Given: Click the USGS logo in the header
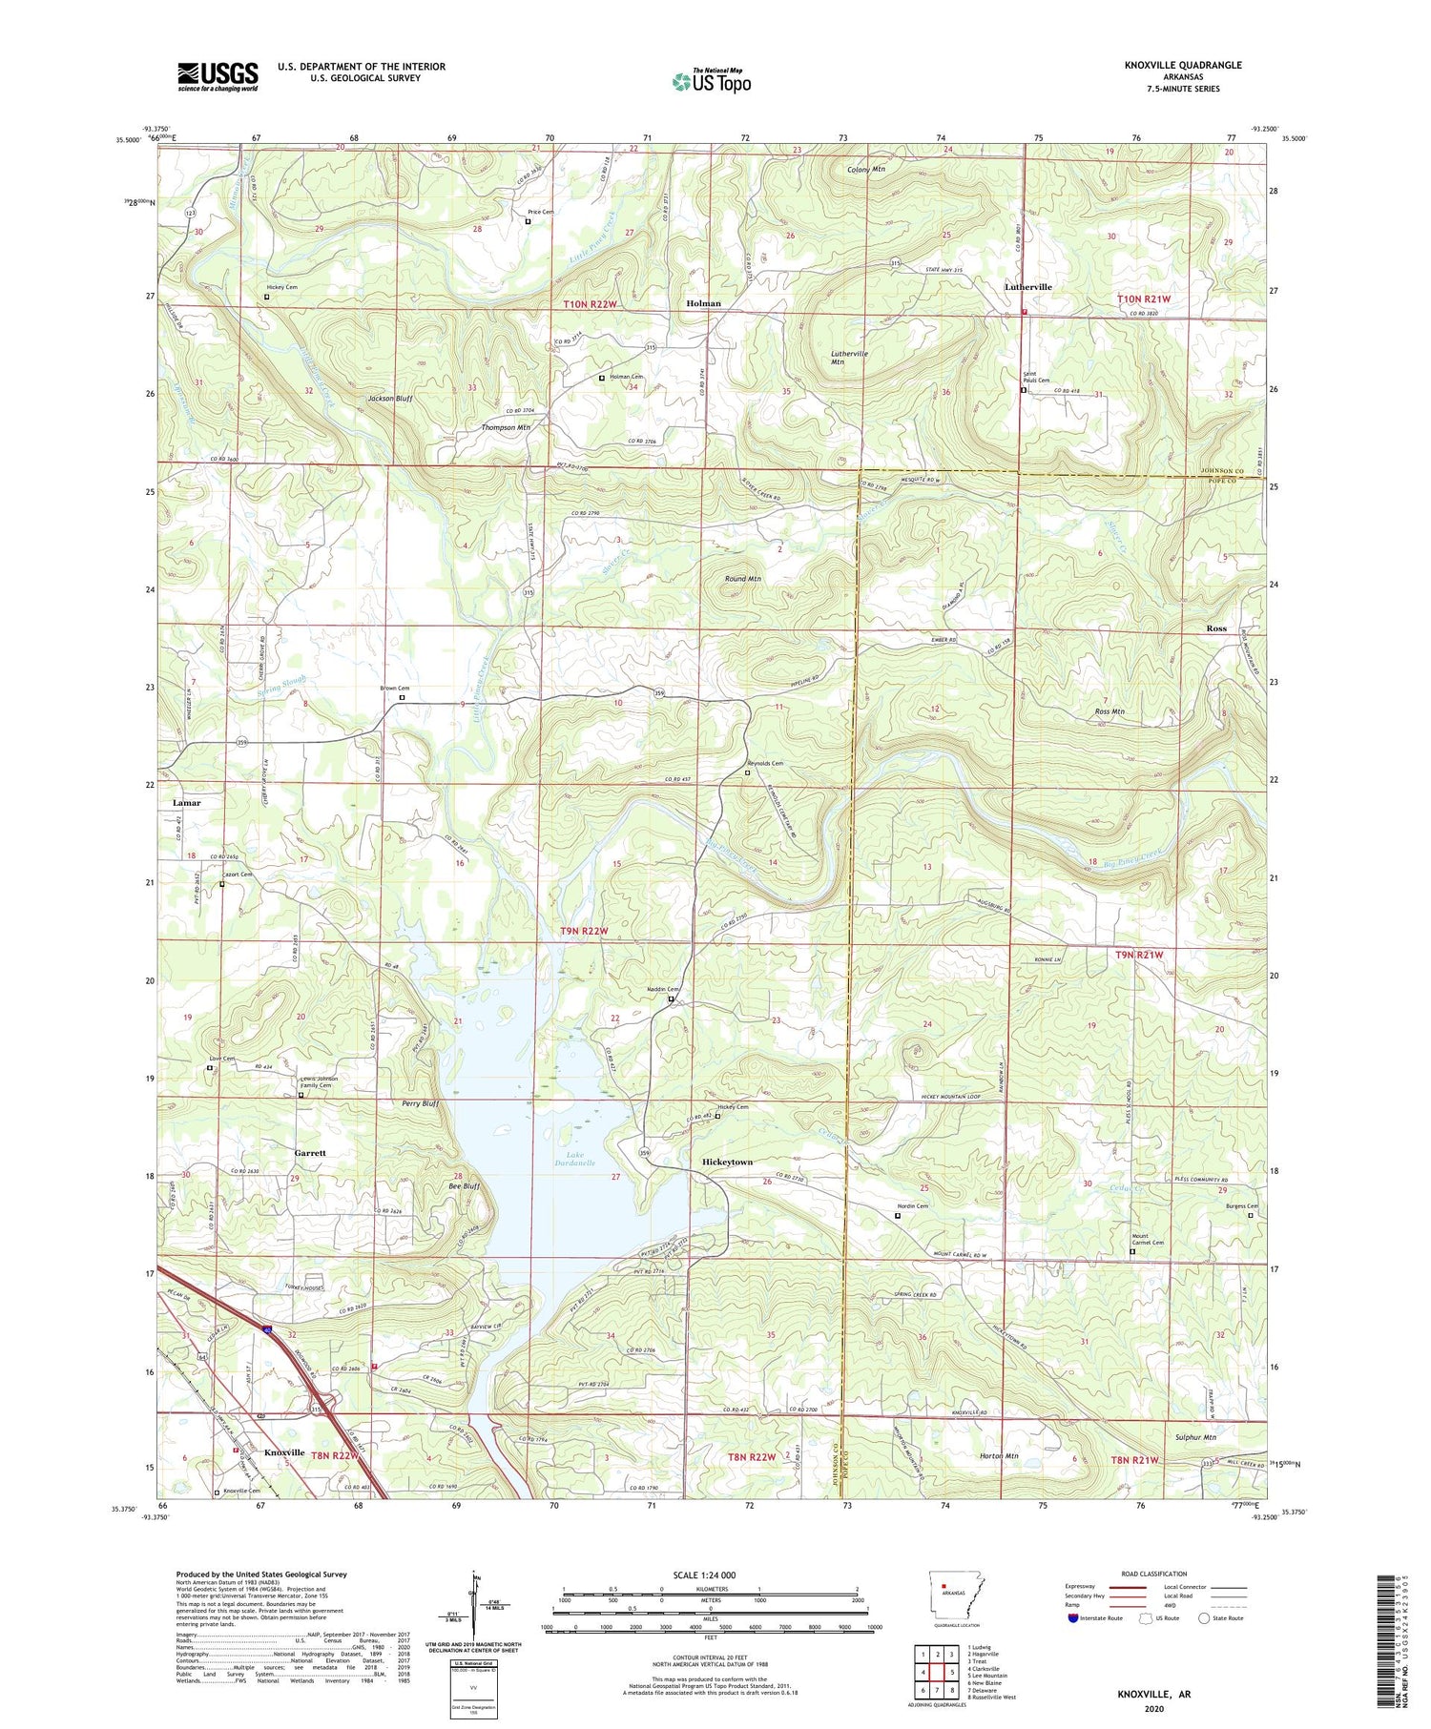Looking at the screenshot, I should (218, 76).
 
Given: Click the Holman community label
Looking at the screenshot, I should (703, 303).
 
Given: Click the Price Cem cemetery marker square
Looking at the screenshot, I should (528, 222).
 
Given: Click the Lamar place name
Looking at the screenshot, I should (187, 803).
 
